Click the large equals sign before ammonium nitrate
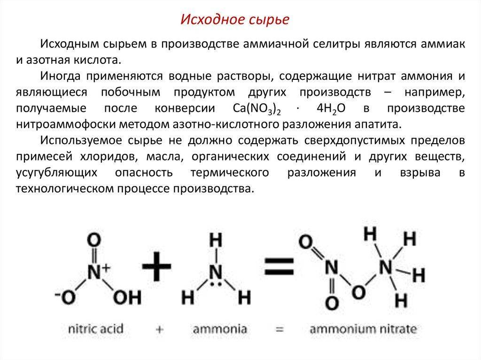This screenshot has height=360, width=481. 279,268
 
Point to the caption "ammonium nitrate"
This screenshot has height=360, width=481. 363,329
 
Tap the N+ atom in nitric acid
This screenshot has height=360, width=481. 97,272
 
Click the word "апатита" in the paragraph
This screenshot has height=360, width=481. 383,124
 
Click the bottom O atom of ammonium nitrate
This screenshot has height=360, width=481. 332,302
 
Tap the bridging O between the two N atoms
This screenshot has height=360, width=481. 358,292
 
